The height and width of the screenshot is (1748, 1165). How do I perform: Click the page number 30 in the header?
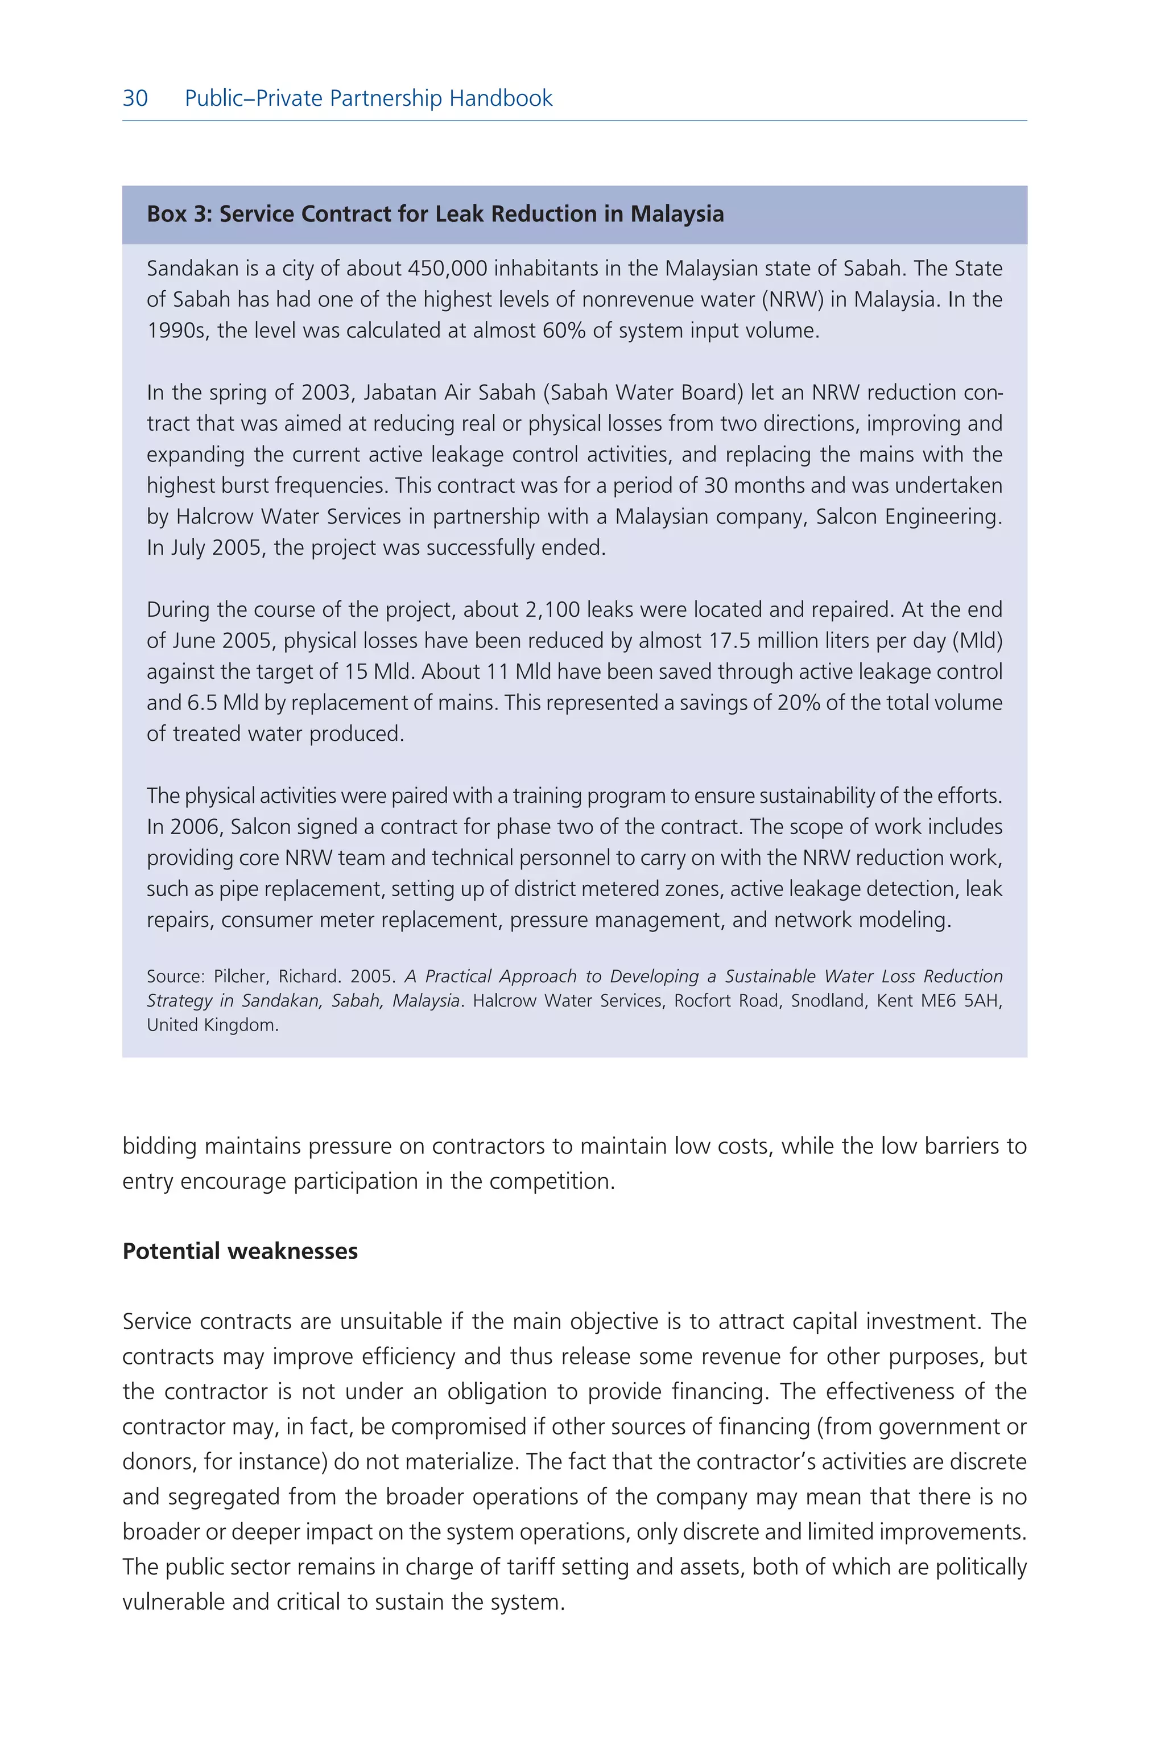[x=135, y=98]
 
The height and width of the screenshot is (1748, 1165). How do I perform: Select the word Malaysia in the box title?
[x=677, y=214]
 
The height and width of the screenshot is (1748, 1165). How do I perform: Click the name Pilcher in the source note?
[x=241, y=976]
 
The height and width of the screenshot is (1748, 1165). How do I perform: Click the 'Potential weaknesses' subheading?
[x=240, y=1252]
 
